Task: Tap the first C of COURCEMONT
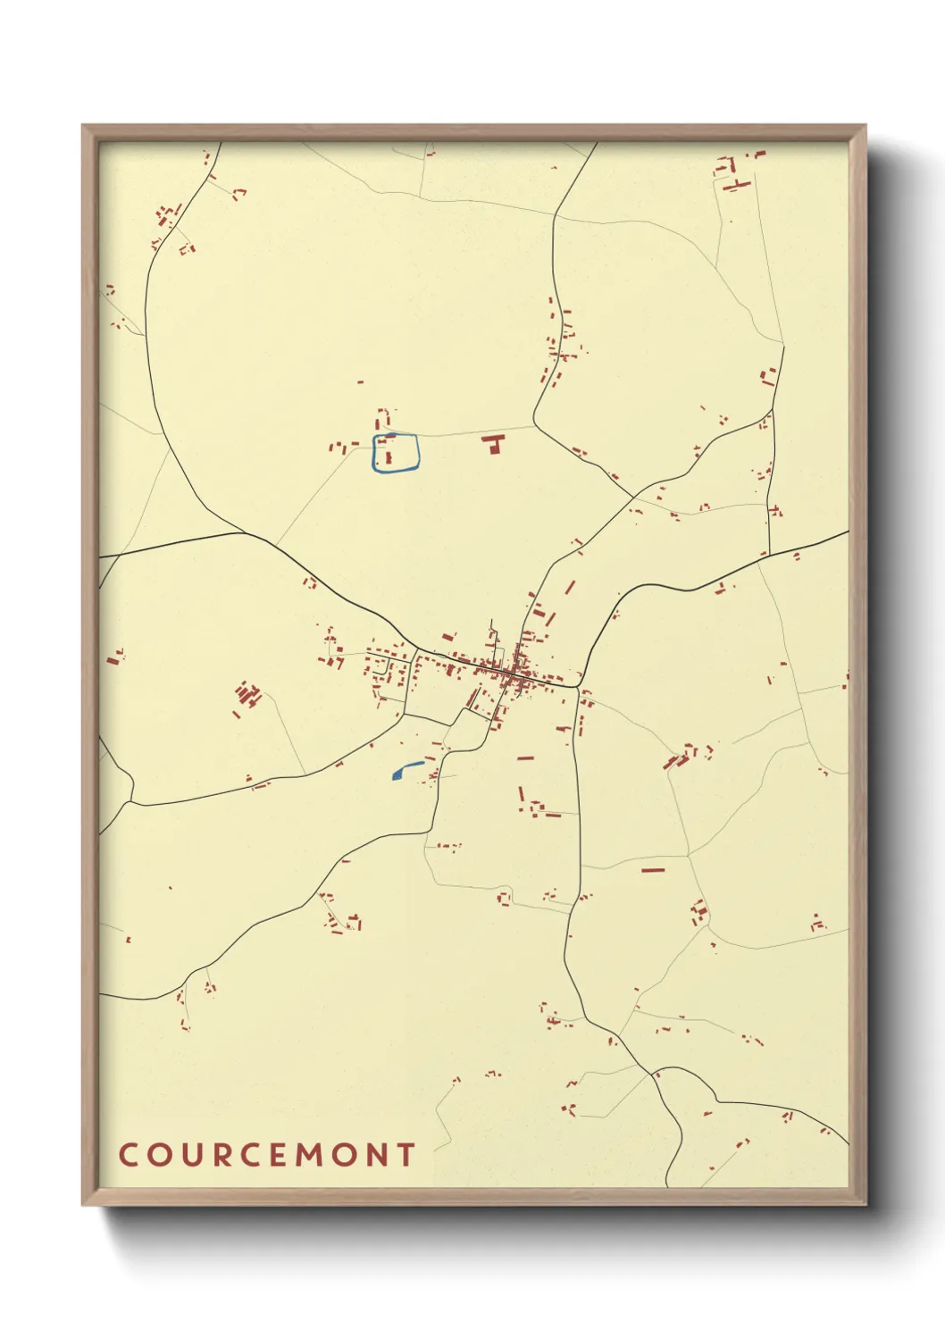click(x=127, y=1155)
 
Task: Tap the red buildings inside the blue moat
click(x=388, y=452)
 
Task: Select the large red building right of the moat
click(x=492, y=443)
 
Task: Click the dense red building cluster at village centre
click(x=511, y=675)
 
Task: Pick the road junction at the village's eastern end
click(x=579, y=687)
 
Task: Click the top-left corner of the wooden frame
click(x=83, y=126)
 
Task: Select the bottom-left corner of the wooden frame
click(x=83, y=1204)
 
